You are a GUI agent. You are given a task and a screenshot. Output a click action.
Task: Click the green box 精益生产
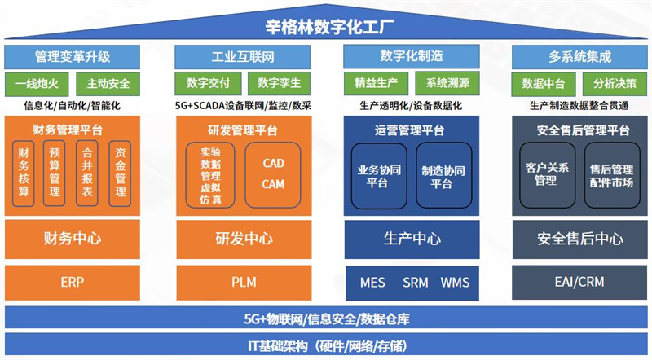click(x=375, y=83)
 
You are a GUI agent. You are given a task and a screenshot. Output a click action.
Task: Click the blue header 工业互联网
click(x=242, y=57)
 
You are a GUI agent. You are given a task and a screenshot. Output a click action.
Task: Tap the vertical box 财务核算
click(x=24, y=173)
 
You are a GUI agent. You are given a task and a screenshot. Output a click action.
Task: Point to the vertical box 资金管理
click(x=120, y=173)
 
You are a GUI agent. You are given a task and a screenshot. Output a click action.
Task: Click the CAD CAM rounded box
click(x=274, y=173)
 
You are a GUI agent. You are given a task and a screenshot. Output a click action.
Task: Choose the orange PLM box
click(x=242, y=283)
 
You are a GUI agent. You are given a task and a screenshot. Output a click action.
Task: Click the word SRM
click(x=415, y=283)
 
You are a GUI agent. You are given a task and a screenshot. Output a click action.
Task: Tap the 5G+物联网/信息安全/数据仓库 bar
click(x=326, y=318)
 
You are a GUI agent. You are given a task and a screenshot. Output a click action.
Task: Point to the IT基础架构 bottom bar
click(x=326, y=345)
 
